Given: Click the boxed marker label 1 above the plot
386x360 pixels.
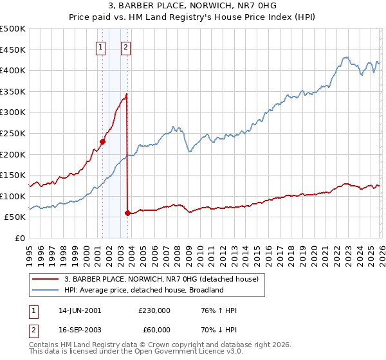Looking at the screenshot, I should point(102,46).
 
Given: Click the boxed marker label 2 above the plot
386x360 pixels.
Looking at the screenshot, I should point(125,46).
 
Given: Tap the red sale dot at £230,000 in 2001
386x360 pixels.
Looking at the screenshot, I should point(102,141).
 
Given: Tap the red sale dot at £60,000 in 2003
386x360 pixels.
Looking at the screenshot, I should point(127,213).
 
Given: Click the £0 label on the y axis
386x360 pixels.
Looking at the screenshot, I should point(21,238).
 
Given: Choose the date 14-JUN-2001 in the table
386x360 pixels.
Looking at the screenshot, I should point(80,310).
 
